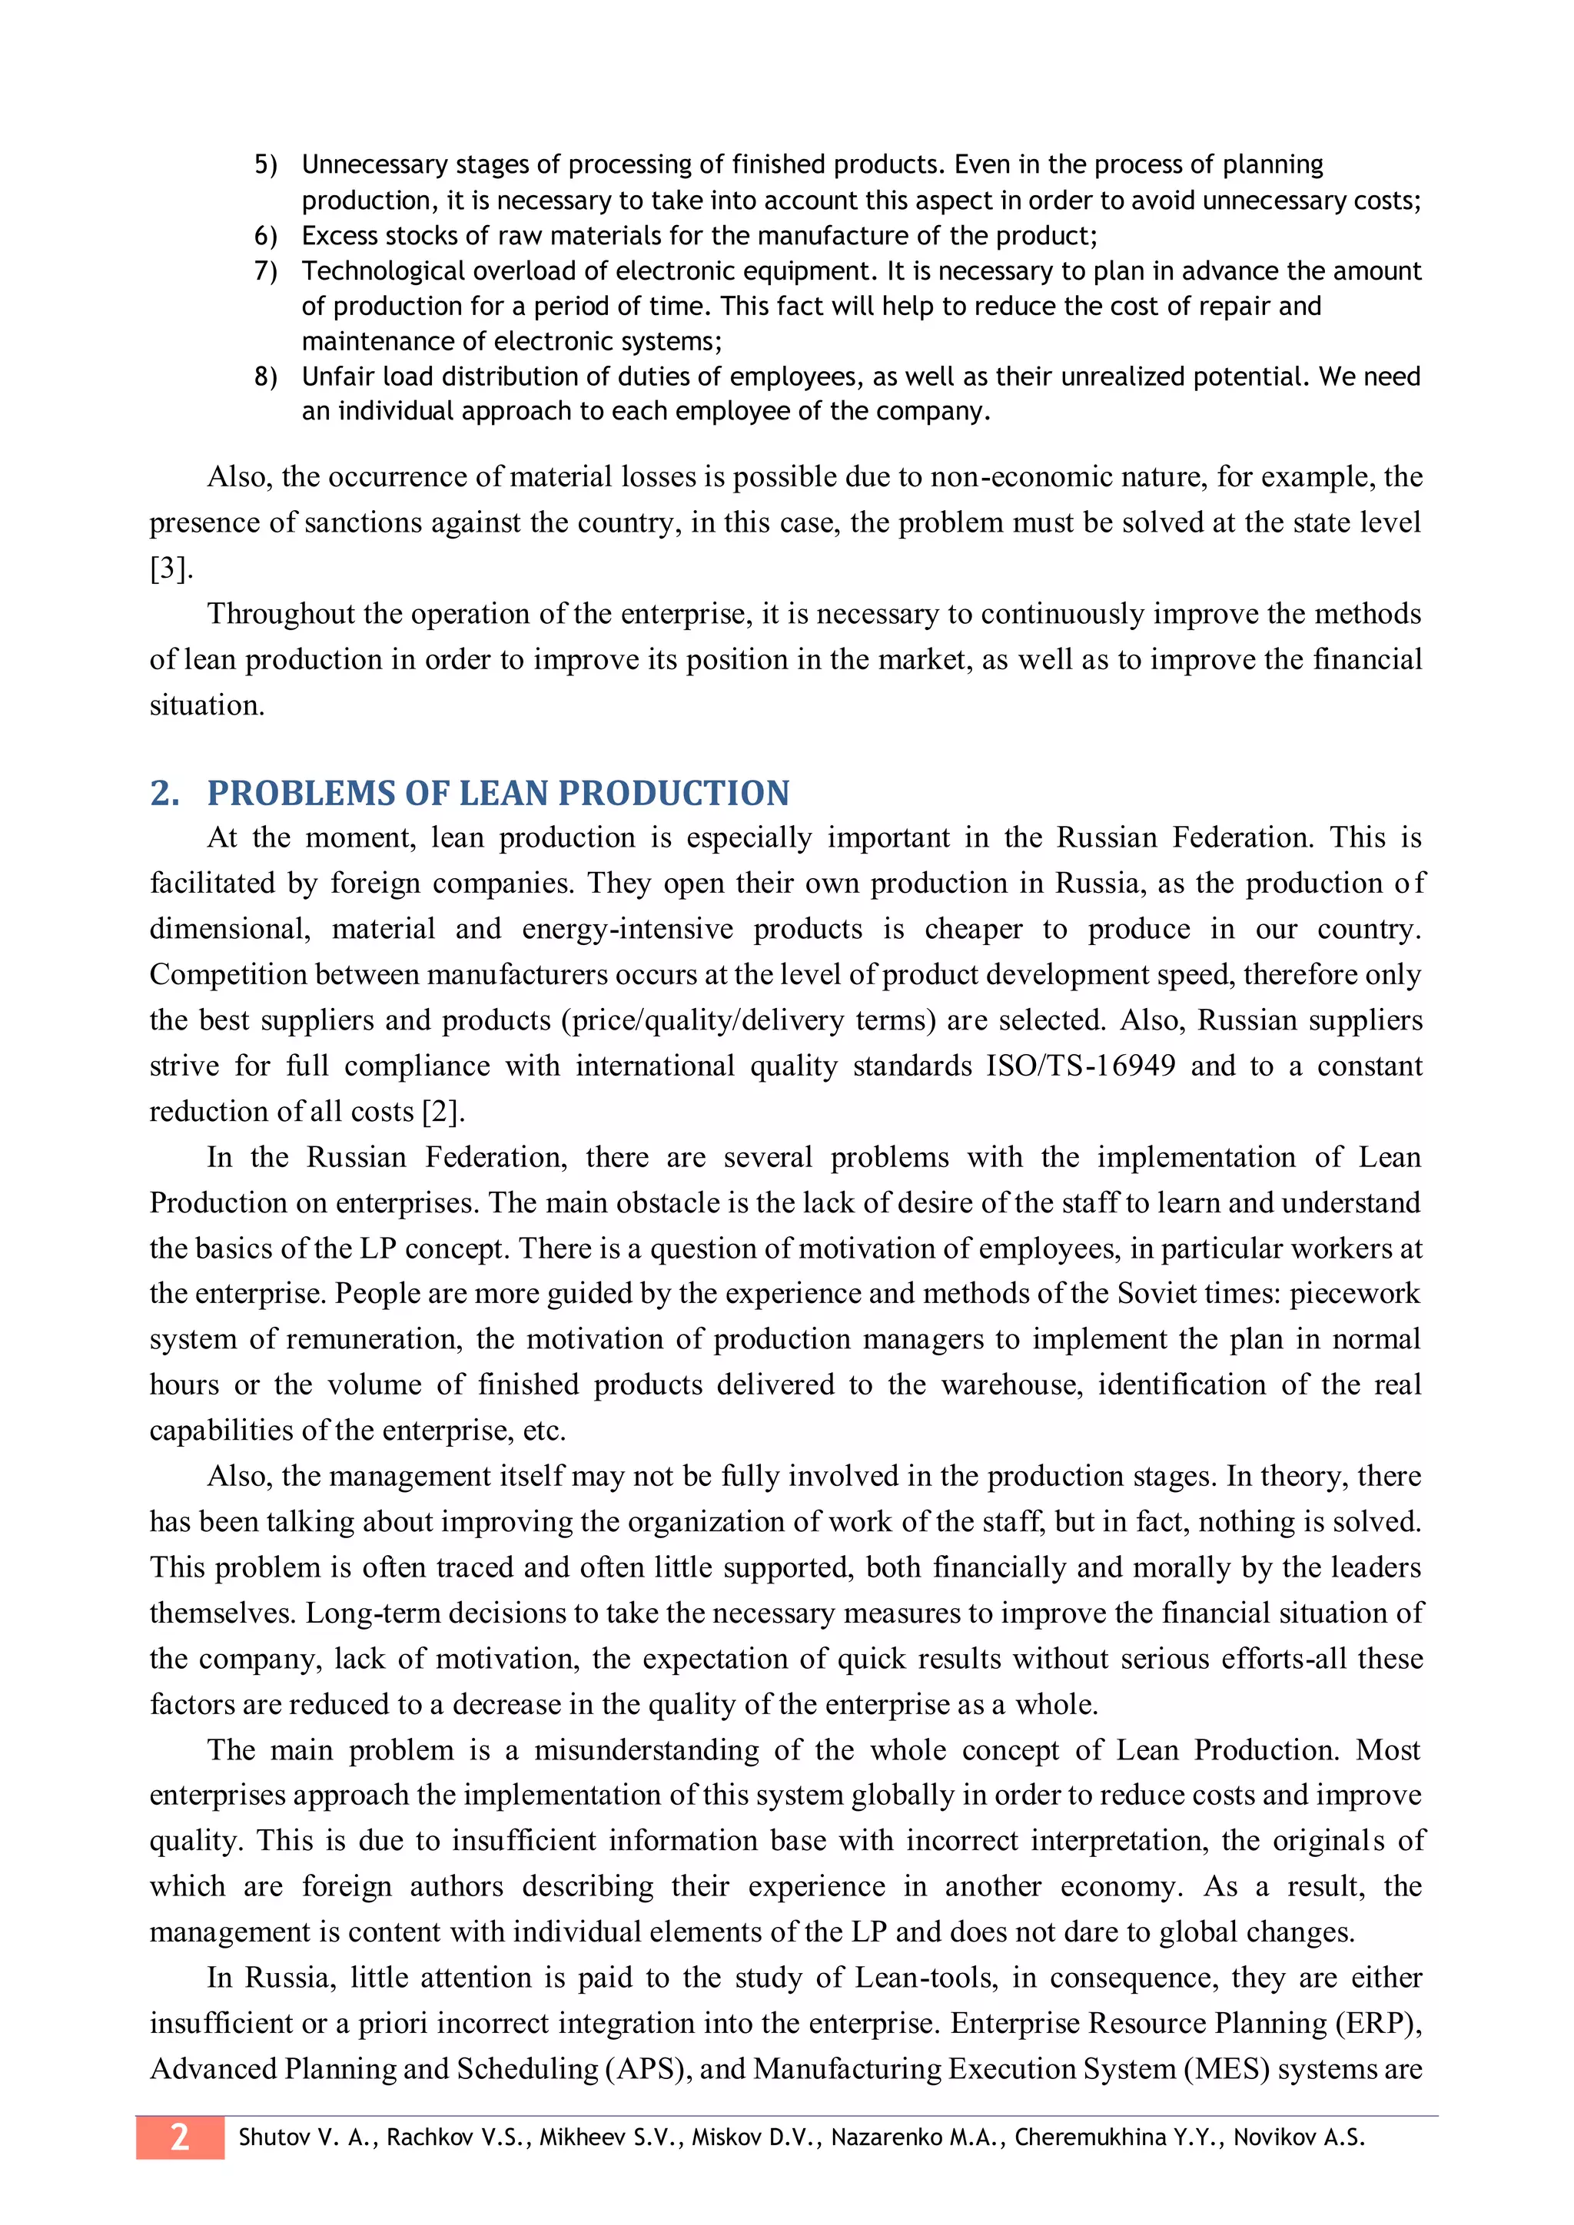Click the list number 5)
coord(266,164)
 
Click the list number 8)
coord(266,377)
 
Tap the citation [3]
coord(171,569)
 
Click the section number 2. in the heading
coord(164,794)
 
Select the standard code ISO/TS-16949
coord(1081,1066)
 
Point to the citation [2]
coord(443,1112)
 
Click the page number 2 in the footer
coord(179,2137)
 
